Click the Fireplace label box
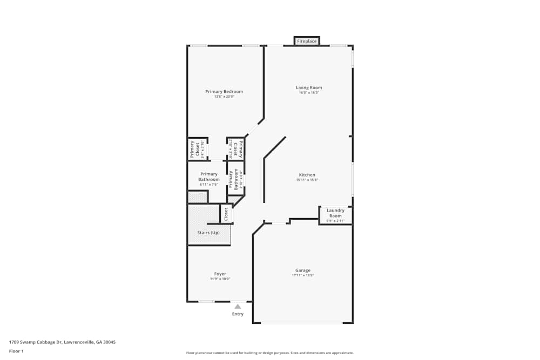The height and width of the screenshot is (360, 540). click(x=307, y=41)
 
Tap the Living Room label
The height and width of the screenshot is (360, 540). click(x=309, y=87)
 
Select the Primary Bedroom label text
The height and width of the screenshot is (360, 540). click(x=224, y=92)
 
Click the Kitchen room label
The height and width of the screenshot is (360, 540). click(x=307, y=175)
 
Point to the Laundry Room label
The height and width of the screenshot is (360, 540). click(x=335, y=213)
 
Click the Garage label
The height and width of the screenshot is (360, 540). click(x=302, y=270)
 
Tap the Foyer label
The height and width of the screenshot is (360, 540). click(x=220, y=274)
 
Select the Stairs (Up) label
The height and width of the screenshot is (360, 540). click(x=208, y=233)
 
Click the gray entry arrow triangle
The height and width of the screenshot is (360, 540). click(x=238, y=307)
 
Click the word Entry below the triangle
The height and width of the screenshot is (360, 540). click(x=238, y=314)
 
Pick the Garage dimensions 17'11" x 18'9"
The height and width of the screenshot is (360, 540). click(x=302, y=275)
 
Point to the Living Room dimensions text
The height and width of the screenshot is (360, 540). click(x=309, y=92)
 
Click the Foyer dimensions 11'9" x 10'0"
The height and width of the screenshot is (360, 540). click(x=220, y=279)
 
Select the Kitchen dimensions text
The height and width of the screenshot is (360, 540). click(x=307, y=180)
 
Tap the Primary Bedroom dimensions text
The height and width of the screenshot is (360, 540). click(x=224, y=97)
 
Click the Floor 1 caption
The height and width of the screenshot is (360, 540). click(x=16, y=351)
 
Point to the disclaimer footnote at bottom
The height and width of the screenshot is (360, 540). click(x=270, y=352)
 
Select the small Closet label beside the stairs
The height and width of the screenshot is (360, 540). click(x=226, y=214)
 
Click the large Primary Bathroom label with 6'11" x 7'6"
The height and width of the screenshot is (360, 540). click(x=208, y=176)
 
